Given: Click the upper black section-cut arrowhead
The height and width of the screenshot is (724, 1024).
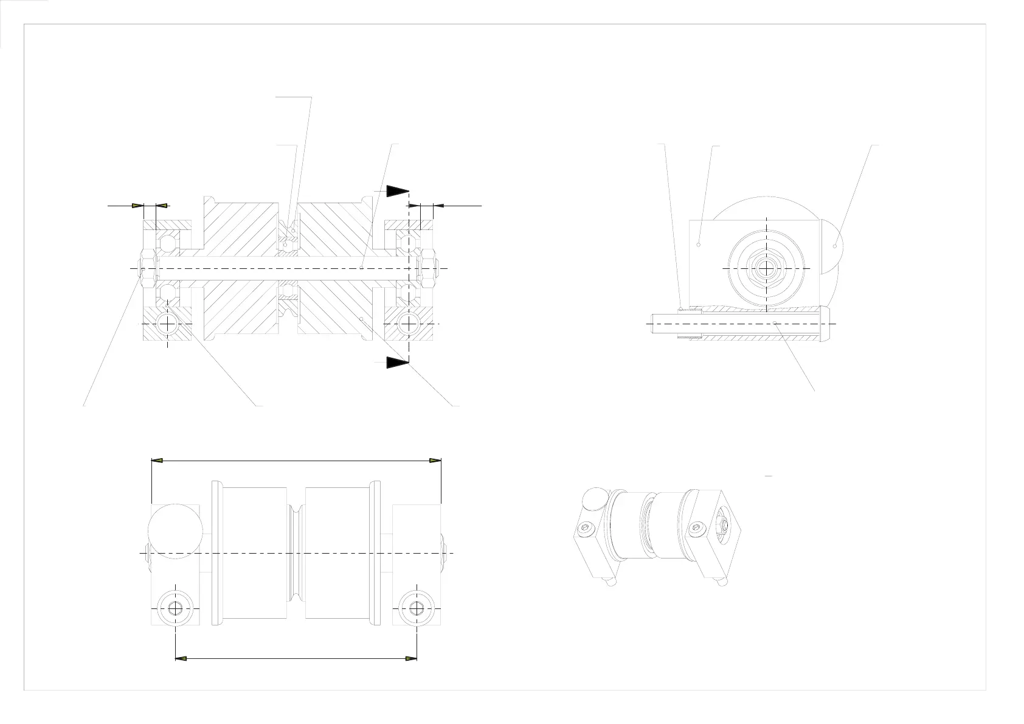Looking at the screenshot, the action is (396, 191).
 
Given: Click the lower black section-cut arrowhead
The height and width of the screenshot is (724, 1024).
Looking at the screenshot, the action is (396, 363).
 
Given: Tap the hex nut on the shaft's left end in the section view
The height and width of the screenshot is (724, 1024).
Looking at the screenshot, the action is (147, 268).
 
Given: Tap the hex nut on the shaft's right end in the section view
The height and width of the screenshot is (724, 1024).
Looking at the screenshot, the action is (428, 268).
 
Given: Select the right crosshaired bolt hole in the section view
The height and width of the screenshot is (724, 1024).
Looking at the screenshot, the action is (409, 324).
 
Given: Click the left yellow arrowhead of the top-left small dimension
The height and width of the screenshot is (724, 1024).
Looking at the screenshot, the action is (137, 206).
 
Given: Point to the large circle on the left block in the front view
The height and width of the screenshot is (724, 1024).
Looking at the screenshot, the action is (175, 530).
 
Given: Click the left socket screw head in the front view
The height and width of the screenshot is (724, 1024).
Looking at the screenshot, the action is (175, 608).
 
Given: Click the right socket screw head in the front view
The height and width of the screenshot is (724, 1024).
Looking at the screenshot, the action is (416, 608).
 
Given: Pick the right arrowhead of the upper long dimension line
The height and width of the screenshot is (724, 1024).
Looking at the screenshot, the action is (435, 461).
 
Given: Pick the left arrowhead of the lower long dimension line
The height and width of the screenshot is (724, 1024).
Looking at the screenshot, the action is (181, 658).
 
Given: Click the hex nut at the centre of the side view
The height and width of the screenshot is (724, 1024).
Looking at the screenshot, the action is (767, 268).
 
